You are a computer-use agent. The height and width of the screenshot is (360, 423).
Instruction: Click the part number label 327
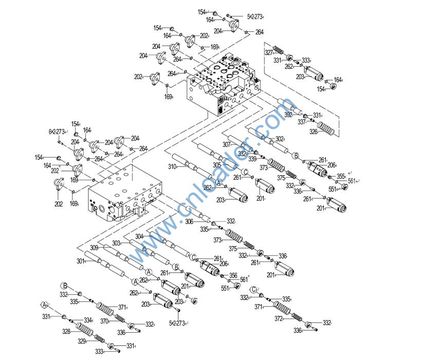coord(269,52)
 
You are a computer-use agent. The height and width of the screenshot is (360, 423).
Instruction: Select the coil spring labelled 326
coord(327,128)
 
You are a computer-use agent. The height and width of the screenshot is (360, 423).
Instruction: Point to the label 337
coord(302,122)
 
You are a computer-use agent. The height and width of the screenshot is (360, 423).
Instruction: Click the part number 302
coord(280,139)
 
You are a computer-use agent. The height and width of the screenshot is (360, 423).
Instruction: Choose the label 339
coord(252,159)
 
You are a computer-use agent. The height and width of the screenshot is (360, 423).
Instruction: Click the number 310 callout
coord(172,166)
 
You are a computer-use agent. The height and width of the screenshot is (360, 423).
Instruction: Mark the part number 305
coord(217,165)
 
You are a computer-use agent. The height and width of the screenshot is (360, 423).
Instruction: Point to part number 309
coord(94,248)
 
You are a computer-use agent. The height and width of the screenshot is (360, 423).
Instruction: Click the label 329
coord(82,341)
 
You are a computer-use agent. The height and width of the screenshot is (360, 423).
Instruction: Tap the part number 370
coord(104,321)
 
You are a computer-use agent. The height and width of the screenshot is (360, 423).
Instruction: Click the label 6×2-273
coord(57,131)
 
